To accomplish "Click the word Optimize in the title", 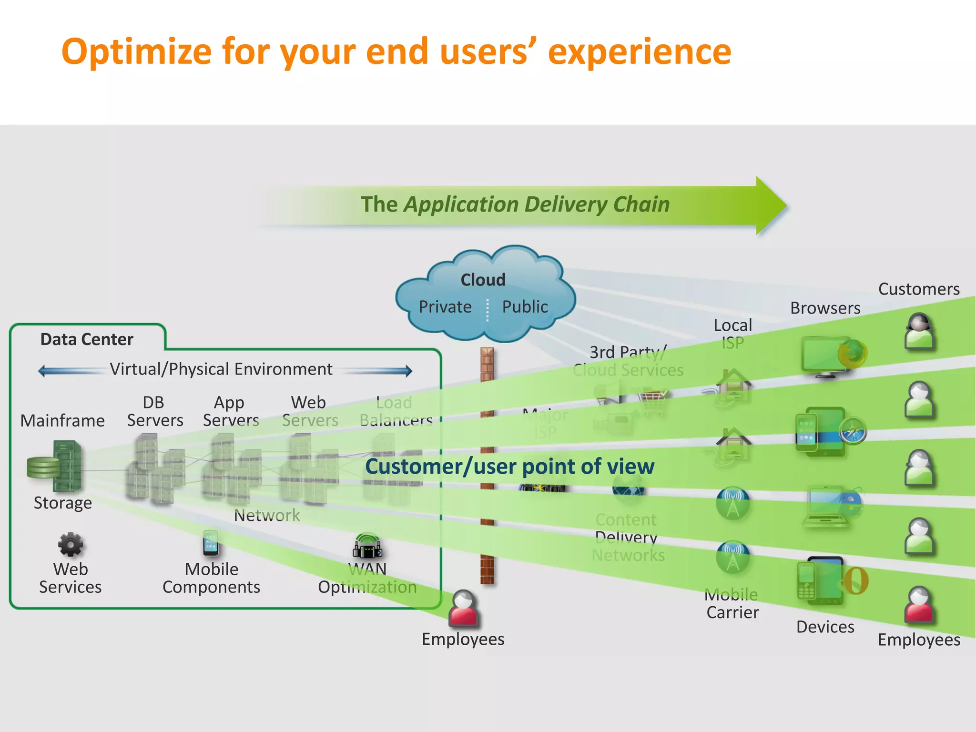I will (136, 51).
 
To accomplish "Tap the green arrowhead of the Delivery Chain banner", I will (770, 205).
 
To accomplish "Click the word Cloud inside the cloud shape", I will (483, 280).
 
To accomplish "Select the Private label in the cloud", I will (445, 307).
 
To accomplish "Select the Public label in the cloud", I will (525, 307).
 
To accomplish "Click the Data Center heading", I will (87, 339).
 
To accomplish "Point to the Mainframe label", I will (62, 420).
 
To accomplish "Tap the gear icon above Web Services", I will (71, 544).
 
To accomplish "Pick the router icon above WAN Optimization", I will (367, 547).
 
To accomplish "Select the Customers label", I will (918, 289).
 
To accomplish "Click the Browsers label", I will (825, 308).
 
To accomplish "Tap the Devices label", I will (825, 627).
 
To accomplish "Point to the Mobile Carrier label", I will (732, 604).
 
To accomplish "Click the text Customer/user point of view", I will (509, 466).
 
